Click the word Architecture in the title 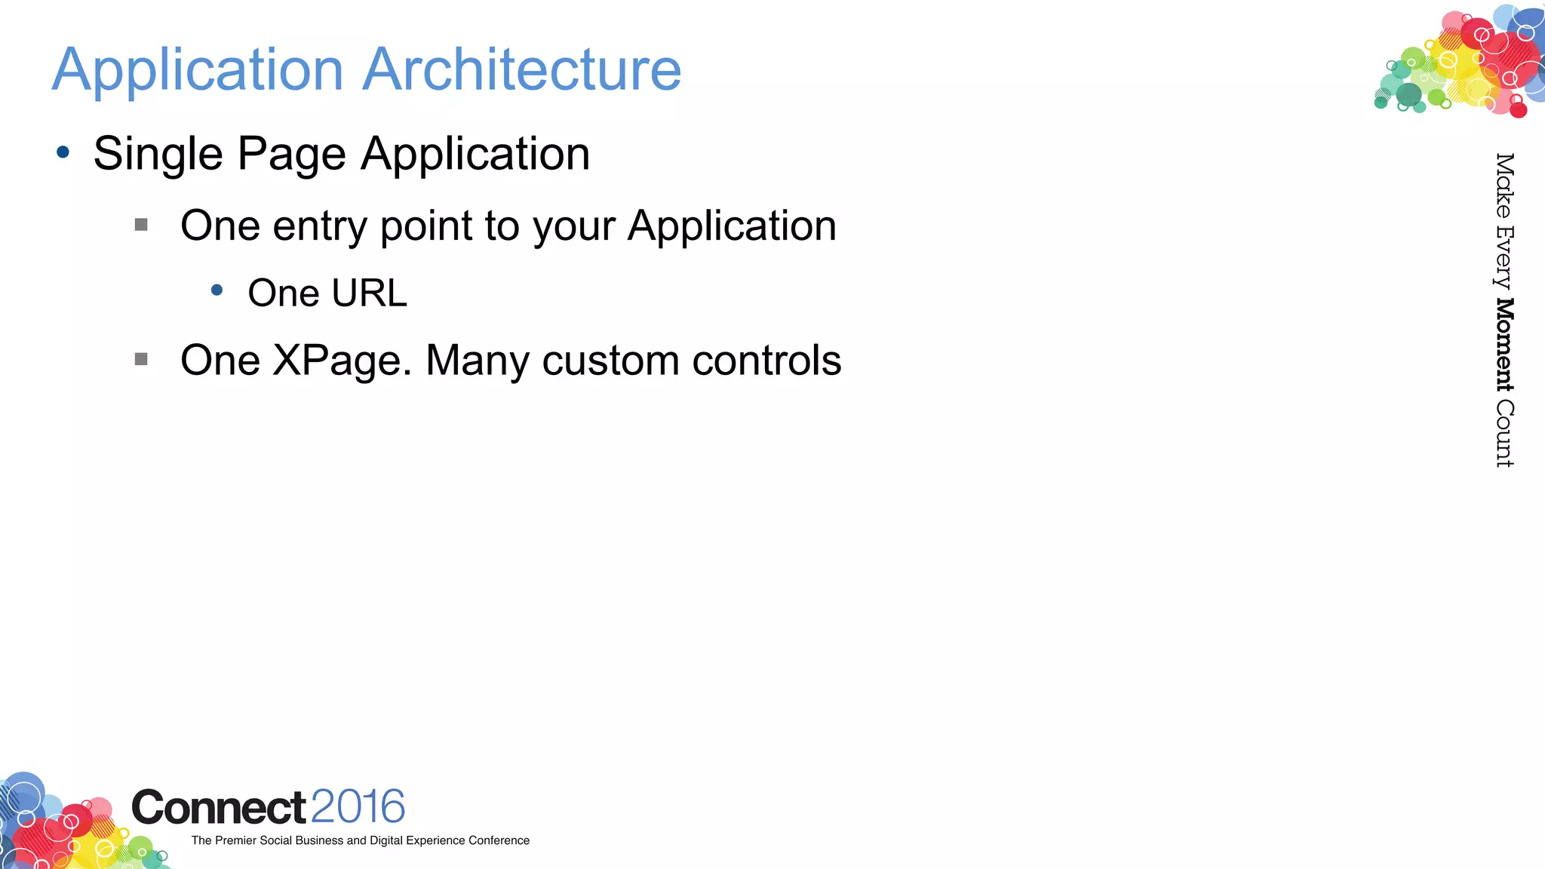522,69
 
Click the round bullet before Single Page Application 63,152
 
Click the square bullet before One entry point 141,225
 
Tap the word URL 369,293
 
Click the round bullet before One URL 217,290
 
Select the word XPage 341,361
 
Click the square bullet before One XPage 141,359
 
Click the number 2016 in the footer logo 358,807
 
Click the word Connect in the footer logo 219,808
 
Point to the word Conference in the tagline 499,840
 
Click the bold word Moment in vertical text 1505,345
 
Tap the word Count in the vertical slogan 1505,434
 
